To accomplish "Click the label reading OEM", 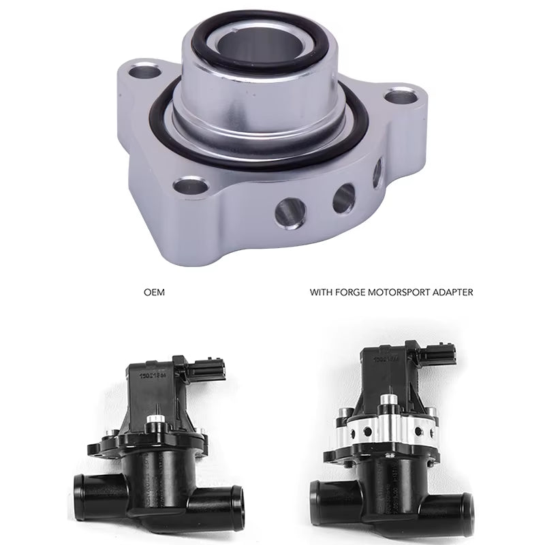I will [155, 293].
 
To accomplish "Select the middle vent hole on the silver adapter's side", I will [344, 197].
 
